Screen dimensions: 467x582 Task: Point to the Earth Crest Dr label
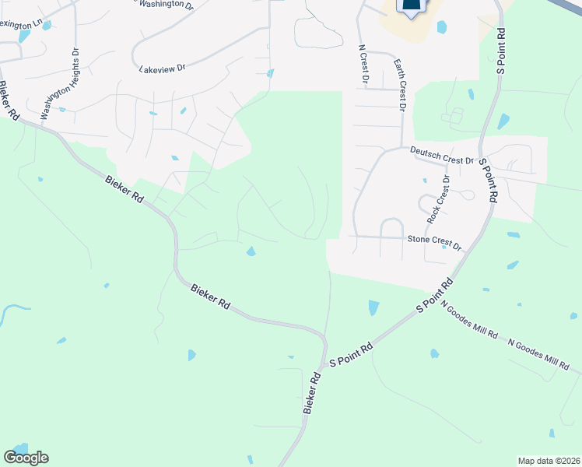point(400,86)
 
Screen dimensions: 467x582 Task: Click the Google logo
point(26,457)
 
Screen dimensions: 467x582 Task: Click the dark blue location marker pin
point(412,7)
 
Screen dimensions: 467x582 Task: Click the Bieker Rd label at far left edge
point(9,100)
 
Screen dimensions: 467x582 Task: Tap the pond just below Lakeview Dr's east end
point(270,74)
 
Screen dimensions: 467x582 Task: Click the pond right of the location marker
point(442,27)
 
